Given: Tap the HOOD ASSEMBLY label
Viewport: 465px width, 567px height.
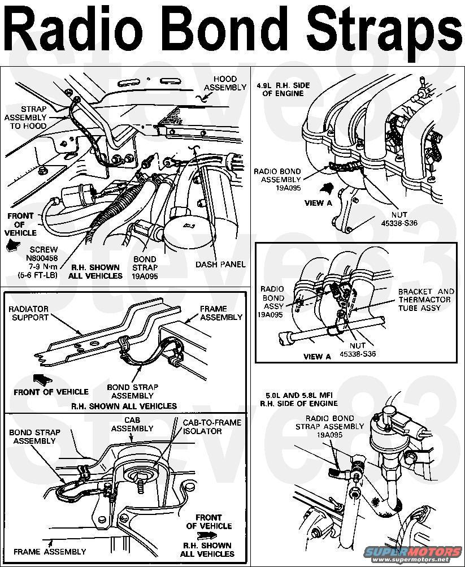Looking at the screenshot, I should point(225,83).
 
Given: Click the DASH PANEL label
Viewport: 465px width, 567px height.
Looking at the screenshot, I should point(220,264).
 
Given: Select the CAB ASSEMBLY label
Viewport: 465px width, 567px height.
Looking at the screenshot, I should point(132,425).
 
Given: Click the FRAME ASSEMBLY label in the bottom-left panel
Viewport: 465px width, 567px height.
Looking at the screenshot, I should point(50,551).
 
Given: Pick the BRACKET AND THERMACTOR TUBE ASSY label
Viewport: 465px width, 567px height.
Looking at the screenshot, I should point(426,300).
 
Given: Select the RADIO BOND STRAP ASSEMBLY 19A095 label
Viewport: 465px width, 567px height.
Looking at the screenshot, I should point(329,427).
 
